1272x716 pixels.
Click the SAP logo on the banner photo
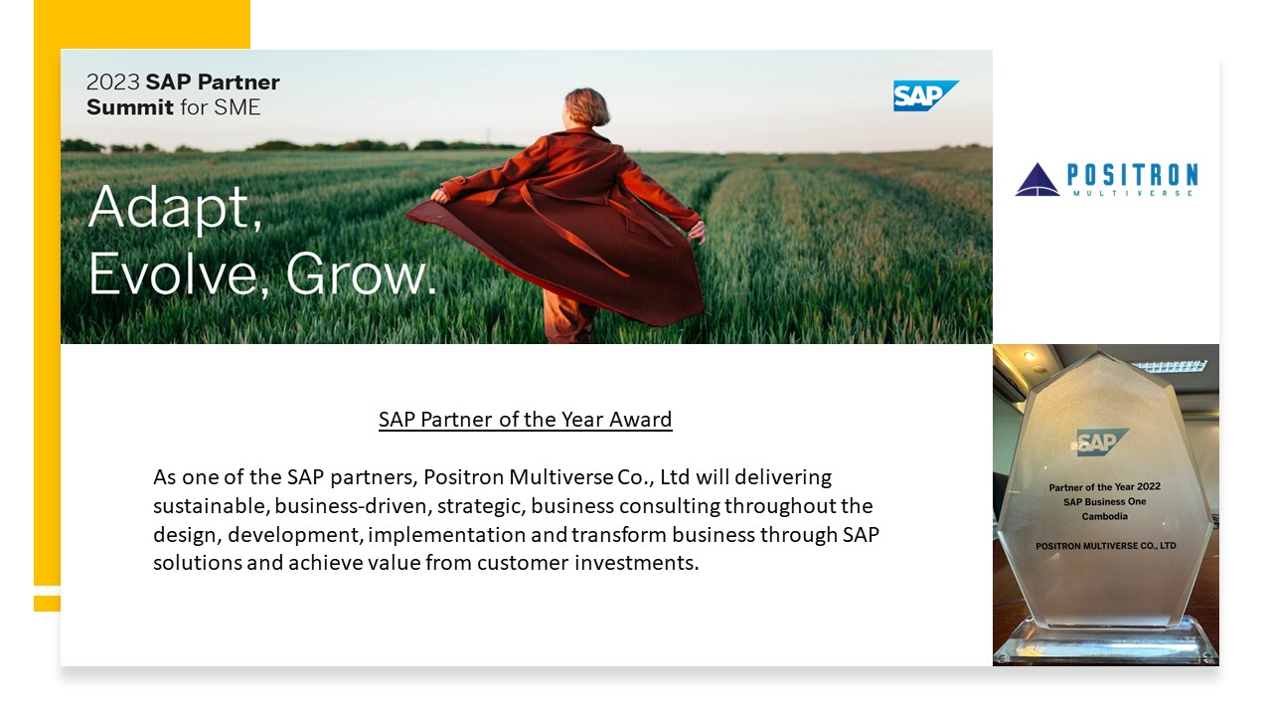click(925, 95)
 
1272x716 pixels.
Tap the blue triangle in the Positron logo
click(1036, 180)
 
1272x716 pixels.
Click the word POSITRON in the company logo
click(1133, 175)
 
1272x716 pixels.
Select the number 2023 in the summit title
click(112, 83)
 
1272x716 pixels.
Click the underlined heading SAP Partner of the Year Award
click(526, 420)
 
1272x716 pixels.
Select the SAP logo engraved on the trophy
click(1102, 443)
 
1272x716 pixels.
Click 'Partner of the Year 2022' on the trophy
click(1104, 487)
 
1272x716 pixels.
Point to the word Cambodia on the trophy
click(1104, 516)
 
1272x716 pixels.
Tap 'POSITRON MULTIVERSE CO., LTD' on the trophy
click(1106, 546)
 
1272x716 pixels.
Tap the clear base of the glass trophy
click(1106, 642)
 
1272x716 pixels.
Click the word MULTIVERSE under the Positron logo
click(1133, 193)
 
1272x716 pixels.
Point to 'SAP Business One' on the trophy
click(1104, 502)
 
